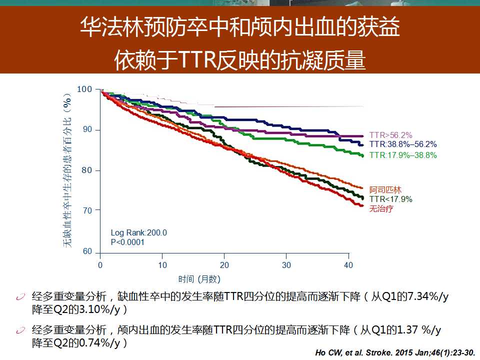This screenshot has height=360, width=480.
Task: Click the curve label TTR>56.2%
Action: pos(390,135)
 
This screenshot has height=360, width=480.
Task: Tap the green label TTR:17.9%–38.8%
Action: pos(403,155)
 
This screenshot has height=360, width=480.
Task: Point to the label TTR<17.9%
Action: pos(391,199)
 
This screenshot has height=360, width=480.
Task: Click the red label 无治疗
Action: pos(381,208)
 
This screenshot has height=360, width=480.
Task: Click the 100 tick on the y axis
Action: pos(85,89)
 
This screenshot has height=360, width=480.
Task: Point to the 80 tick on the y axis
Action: pos(87,170)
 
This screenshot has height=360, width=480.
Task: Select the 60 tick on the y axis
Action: pos(87,251)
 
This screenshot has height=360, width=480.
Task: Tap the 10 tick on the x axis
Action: pos(162,264)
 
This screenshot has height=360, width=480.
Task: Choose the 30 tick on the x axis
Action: pos(286,264)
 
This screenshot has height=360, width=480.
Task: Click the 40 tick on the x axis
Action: pos(348,264)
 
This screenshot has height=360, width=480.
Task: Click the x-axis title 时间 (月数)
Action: pos(199,279)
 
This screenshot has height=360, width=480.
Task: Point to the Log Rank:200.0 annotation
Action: pos(138,233)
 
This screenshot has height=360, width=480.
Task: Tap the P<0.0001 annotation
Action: pos(127,242)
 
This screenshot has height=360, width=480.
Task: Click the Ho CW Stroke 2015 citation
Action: pos(395,352)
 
